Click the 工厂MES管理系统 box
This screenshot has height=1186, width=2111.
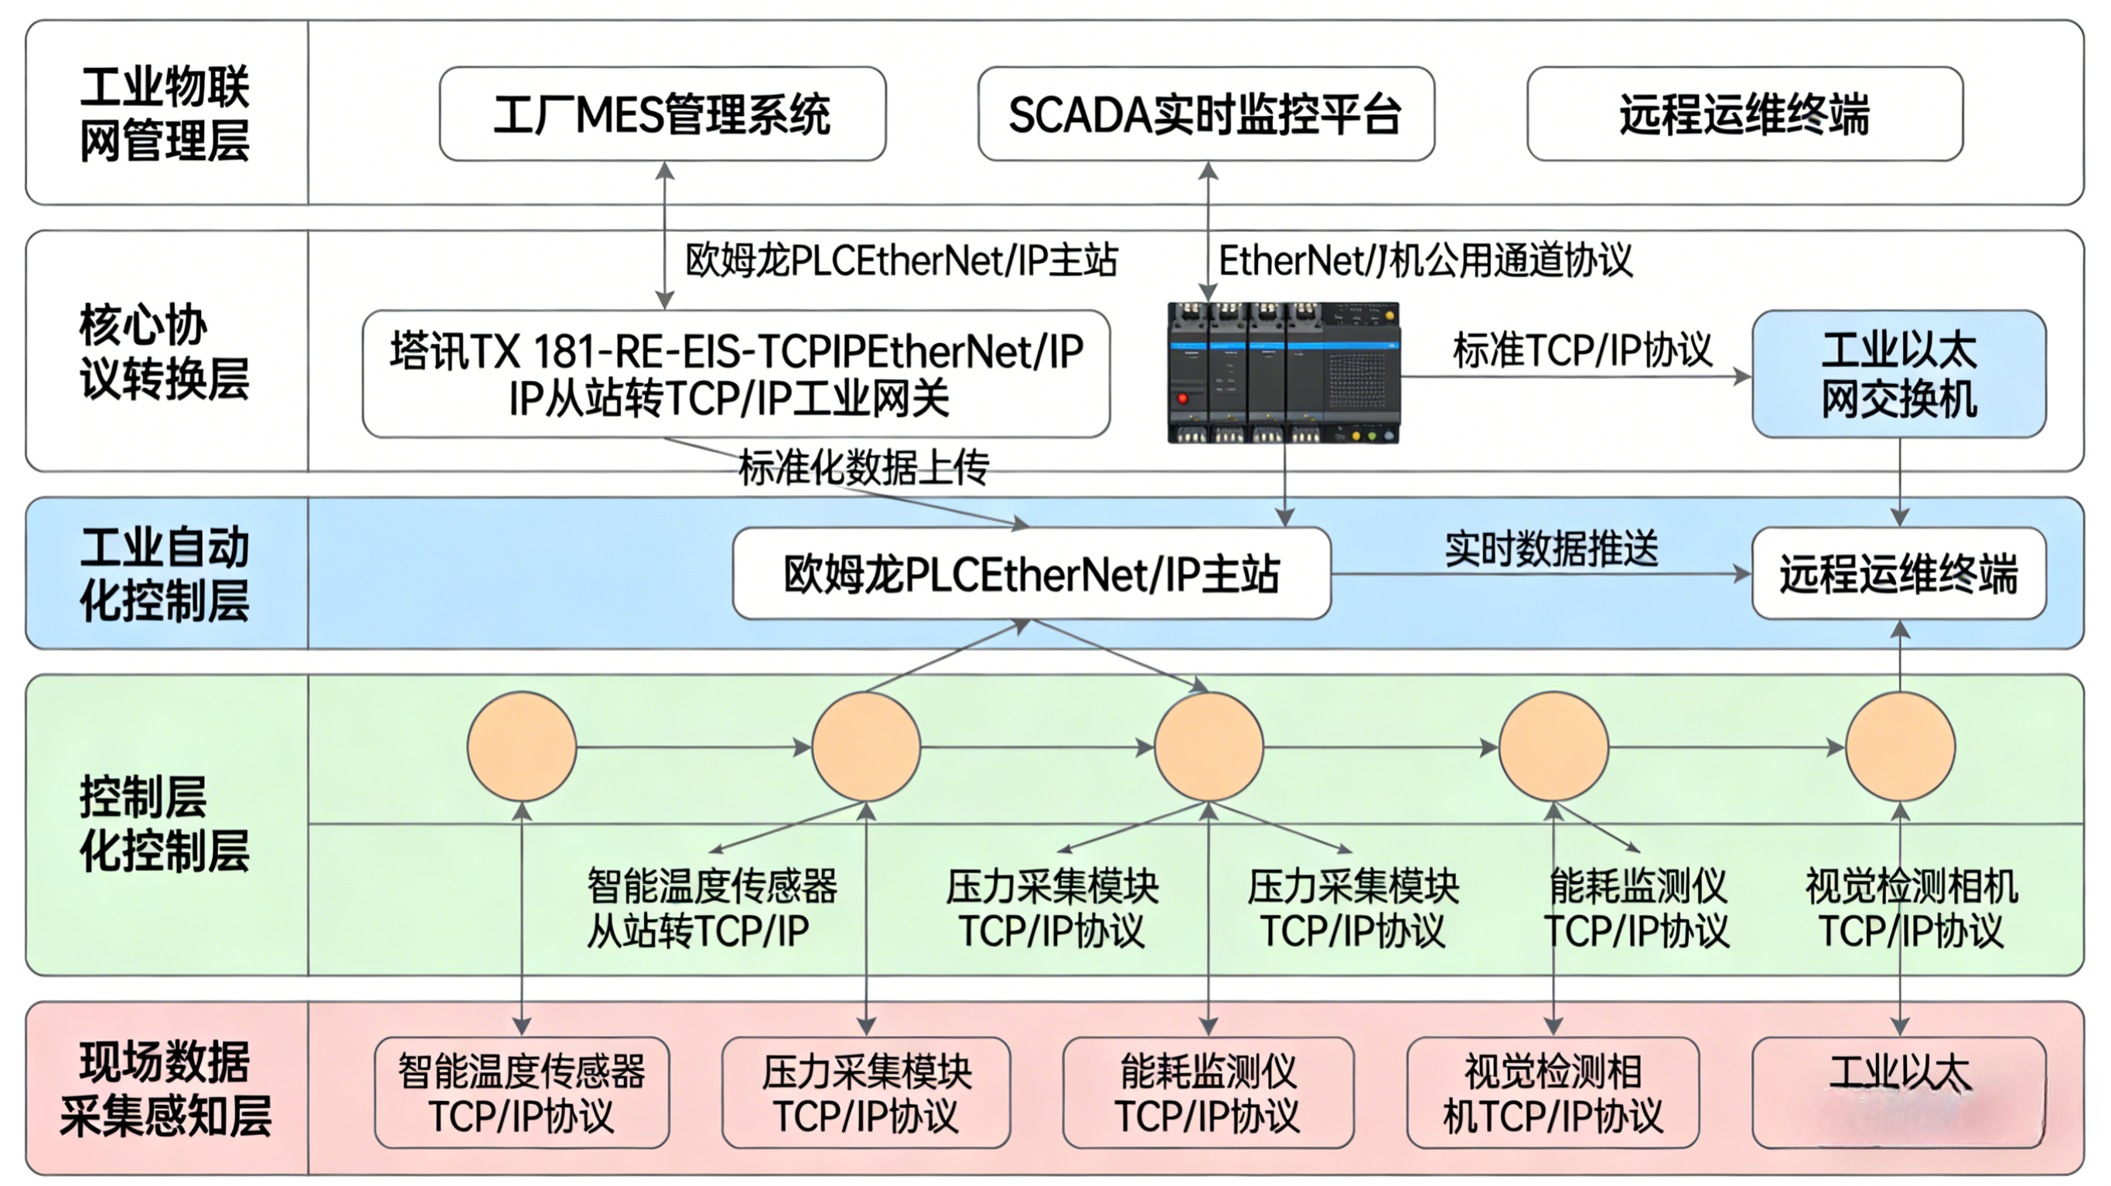[x=662, y=114]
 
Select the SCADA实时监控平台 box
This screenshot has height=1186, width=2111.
[x=1206, y=114]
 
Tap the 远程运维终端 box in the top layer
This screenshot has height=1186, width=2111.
[x=1744, y=114]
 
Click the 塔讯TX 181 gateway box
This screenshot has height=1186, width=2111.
[x=736, y=374]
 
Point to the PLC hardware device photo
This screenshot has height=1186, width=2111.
[x=1284, y=373]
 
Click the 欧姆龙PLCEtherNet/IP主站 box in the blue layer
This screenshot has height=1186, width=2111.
[x=1031, y=573]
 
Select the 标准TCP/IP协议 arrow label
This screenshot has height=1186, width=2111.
[x=1582, y=351]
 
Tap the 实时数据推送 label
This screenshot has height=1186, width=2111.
[x=1551, y=549]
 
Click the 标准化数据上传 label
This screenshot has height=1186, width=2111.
[x=864, y=467]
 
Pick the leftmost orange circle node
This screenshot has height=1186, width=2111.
[x=522, y=747]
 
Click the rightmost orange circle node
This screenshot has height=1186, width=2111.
[x=1901, y=747]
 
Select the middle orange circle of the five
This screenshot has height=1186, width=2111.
[x=1209, y=747]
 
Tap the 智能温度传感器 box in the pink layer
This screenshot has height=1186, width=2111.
[x=522, y=1093]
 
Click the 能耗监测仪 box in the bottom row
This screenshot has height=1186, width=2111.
[x=1208, y=1093]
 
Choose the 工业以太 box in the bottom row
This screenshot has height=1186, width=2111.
[x=1899, y=1093]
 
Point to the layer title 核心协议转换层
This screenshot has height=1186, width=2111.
[x=164, y=352]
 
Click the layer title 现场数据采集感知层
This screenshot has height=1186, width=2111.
[x=164, y=1089]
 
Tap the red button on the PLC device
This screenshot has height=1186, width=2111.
[x=1182, y=399]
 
